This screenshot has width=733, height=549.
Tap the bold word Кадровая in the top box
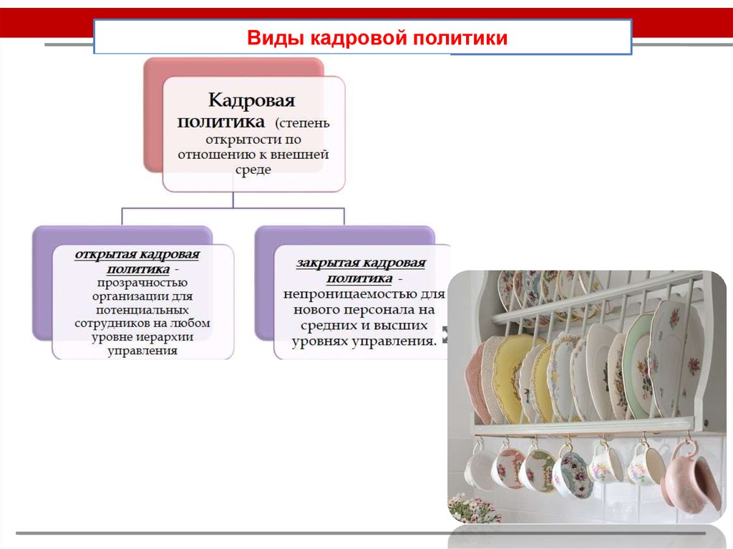pos(251,100)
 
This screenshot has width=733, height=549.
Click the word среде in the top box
pos(253,170)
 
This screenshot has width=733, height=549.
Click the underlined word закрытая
pos(327,263)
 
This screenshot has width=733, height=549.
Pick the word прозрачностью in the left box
pos(142,283)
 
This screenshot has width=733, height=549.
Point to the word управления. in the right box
pos(394,341)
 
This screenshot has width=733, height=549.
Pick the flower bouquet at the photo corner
pos(472,509)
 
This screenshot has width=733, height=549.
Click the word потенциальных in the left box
pos(142,310)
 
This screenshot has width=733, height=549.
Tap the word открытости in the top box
pos(241,140)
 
